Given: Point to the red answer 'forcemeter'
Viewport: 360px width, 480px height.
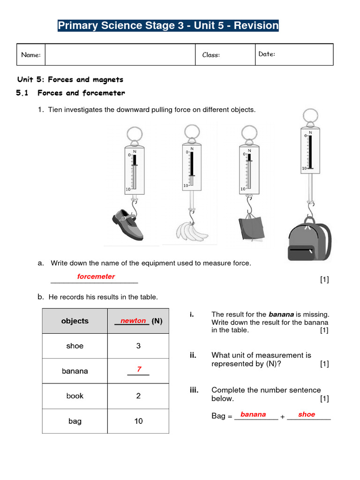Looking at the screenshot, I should (x=96, y=277).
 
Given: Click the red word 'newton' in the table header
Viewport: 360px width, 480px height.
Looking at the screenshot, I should (x=133, y=321).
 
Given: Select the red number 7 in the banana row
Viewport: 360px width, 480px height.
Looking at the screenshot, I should (x=139, y=369).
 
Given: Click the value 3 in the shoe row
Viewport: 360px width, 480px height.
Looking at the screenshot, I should (x=138, y=346).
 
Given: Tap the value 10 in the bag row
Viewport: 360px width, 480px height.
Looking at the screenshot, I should (x=138, y=421).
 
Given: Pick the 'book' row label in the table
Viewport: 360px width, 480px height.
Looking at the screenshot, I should (x=75, y=396).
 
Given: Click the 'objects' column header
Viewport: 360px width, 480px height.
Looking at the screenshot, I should (x=75, y=321).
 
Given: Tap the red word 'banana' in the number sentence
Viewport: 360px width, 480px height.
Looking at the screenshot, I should (x=253, y=414).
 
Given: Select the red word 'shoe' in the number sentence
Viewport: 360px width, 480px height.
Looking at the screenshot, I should (x=307, y=414).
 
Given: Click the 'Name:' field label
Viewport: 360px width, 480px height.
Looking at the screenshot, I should (x=31, y=55).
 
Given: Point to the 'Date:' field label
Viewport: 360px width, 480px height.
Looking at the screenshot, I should (x=267, y=54).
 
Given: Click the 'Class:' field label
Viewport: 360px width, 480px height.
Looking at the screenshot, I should (x=211, y=55).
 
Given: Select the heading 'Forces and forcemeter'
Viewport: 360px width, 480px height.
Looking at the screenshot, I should (x=81, y=93).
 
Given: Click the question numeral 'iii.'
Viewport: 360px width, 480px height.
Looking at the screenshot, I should (x=194, y=390).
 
